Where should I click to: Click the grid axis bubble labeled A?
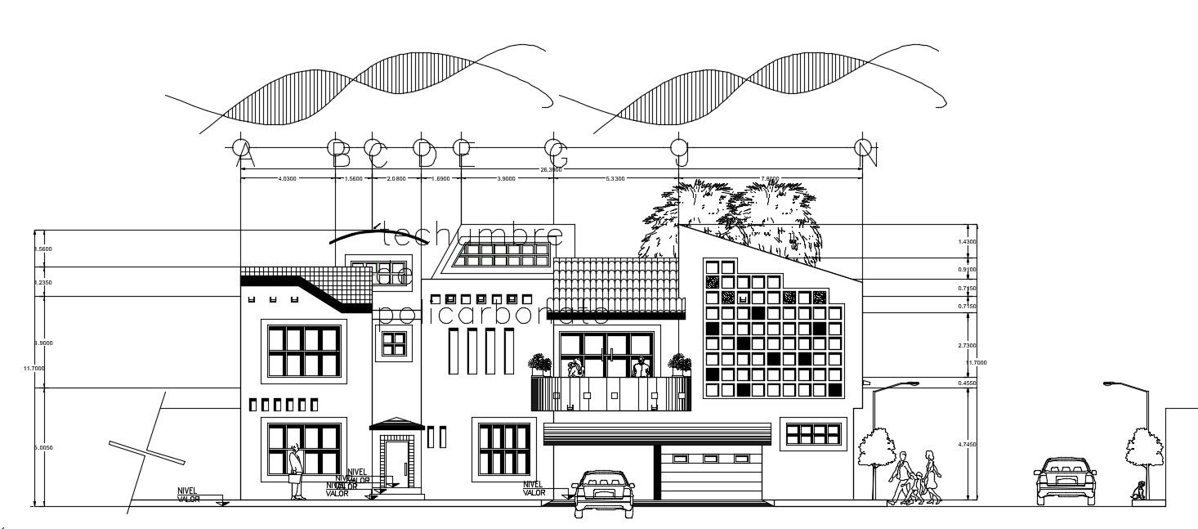[241, 148]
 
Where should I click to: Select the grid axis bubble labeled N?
[863, 148]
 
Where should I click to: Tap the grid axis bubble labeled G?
[554, 148]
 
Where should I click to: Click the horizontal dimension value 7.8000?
[770, 178]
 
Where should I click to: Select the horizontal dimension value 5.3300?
[615, 178]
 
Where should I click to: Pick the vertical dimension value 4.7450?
[971, 445]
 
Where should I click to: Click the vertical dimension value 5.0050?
[42, 447]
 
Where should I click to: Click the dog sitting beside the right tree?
[1137, 491]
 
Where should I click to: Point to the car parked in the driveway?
[603, 493]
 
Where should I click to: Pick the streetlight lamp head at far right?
[1110, 383]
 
